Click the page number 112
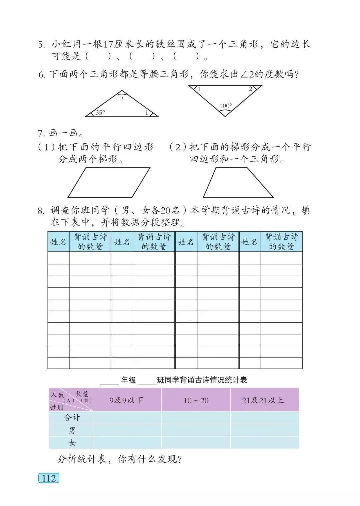(49, 478)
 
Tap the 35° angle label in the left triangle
(100, 113)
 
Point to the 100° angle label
(226, 106)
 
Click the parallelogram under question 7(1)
(109, 182)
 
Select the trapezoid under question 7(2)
(238, 182)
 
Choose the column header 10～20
(196, 400)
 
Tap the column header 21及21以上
(263, 400)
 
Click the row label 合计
(72, 417)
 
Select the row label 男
(72, 430)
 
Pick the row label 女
(72, 443)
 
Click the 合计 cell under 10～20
(196, 417)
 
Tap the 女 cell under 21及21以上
(264, 443)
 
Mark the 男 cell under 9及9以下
(127, 430)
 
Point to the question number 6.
(41, 75)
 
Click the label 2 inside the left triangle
(122, 99)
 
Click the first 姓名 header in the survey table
(58, 242)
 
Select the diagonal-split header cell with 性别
(71, 400)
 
